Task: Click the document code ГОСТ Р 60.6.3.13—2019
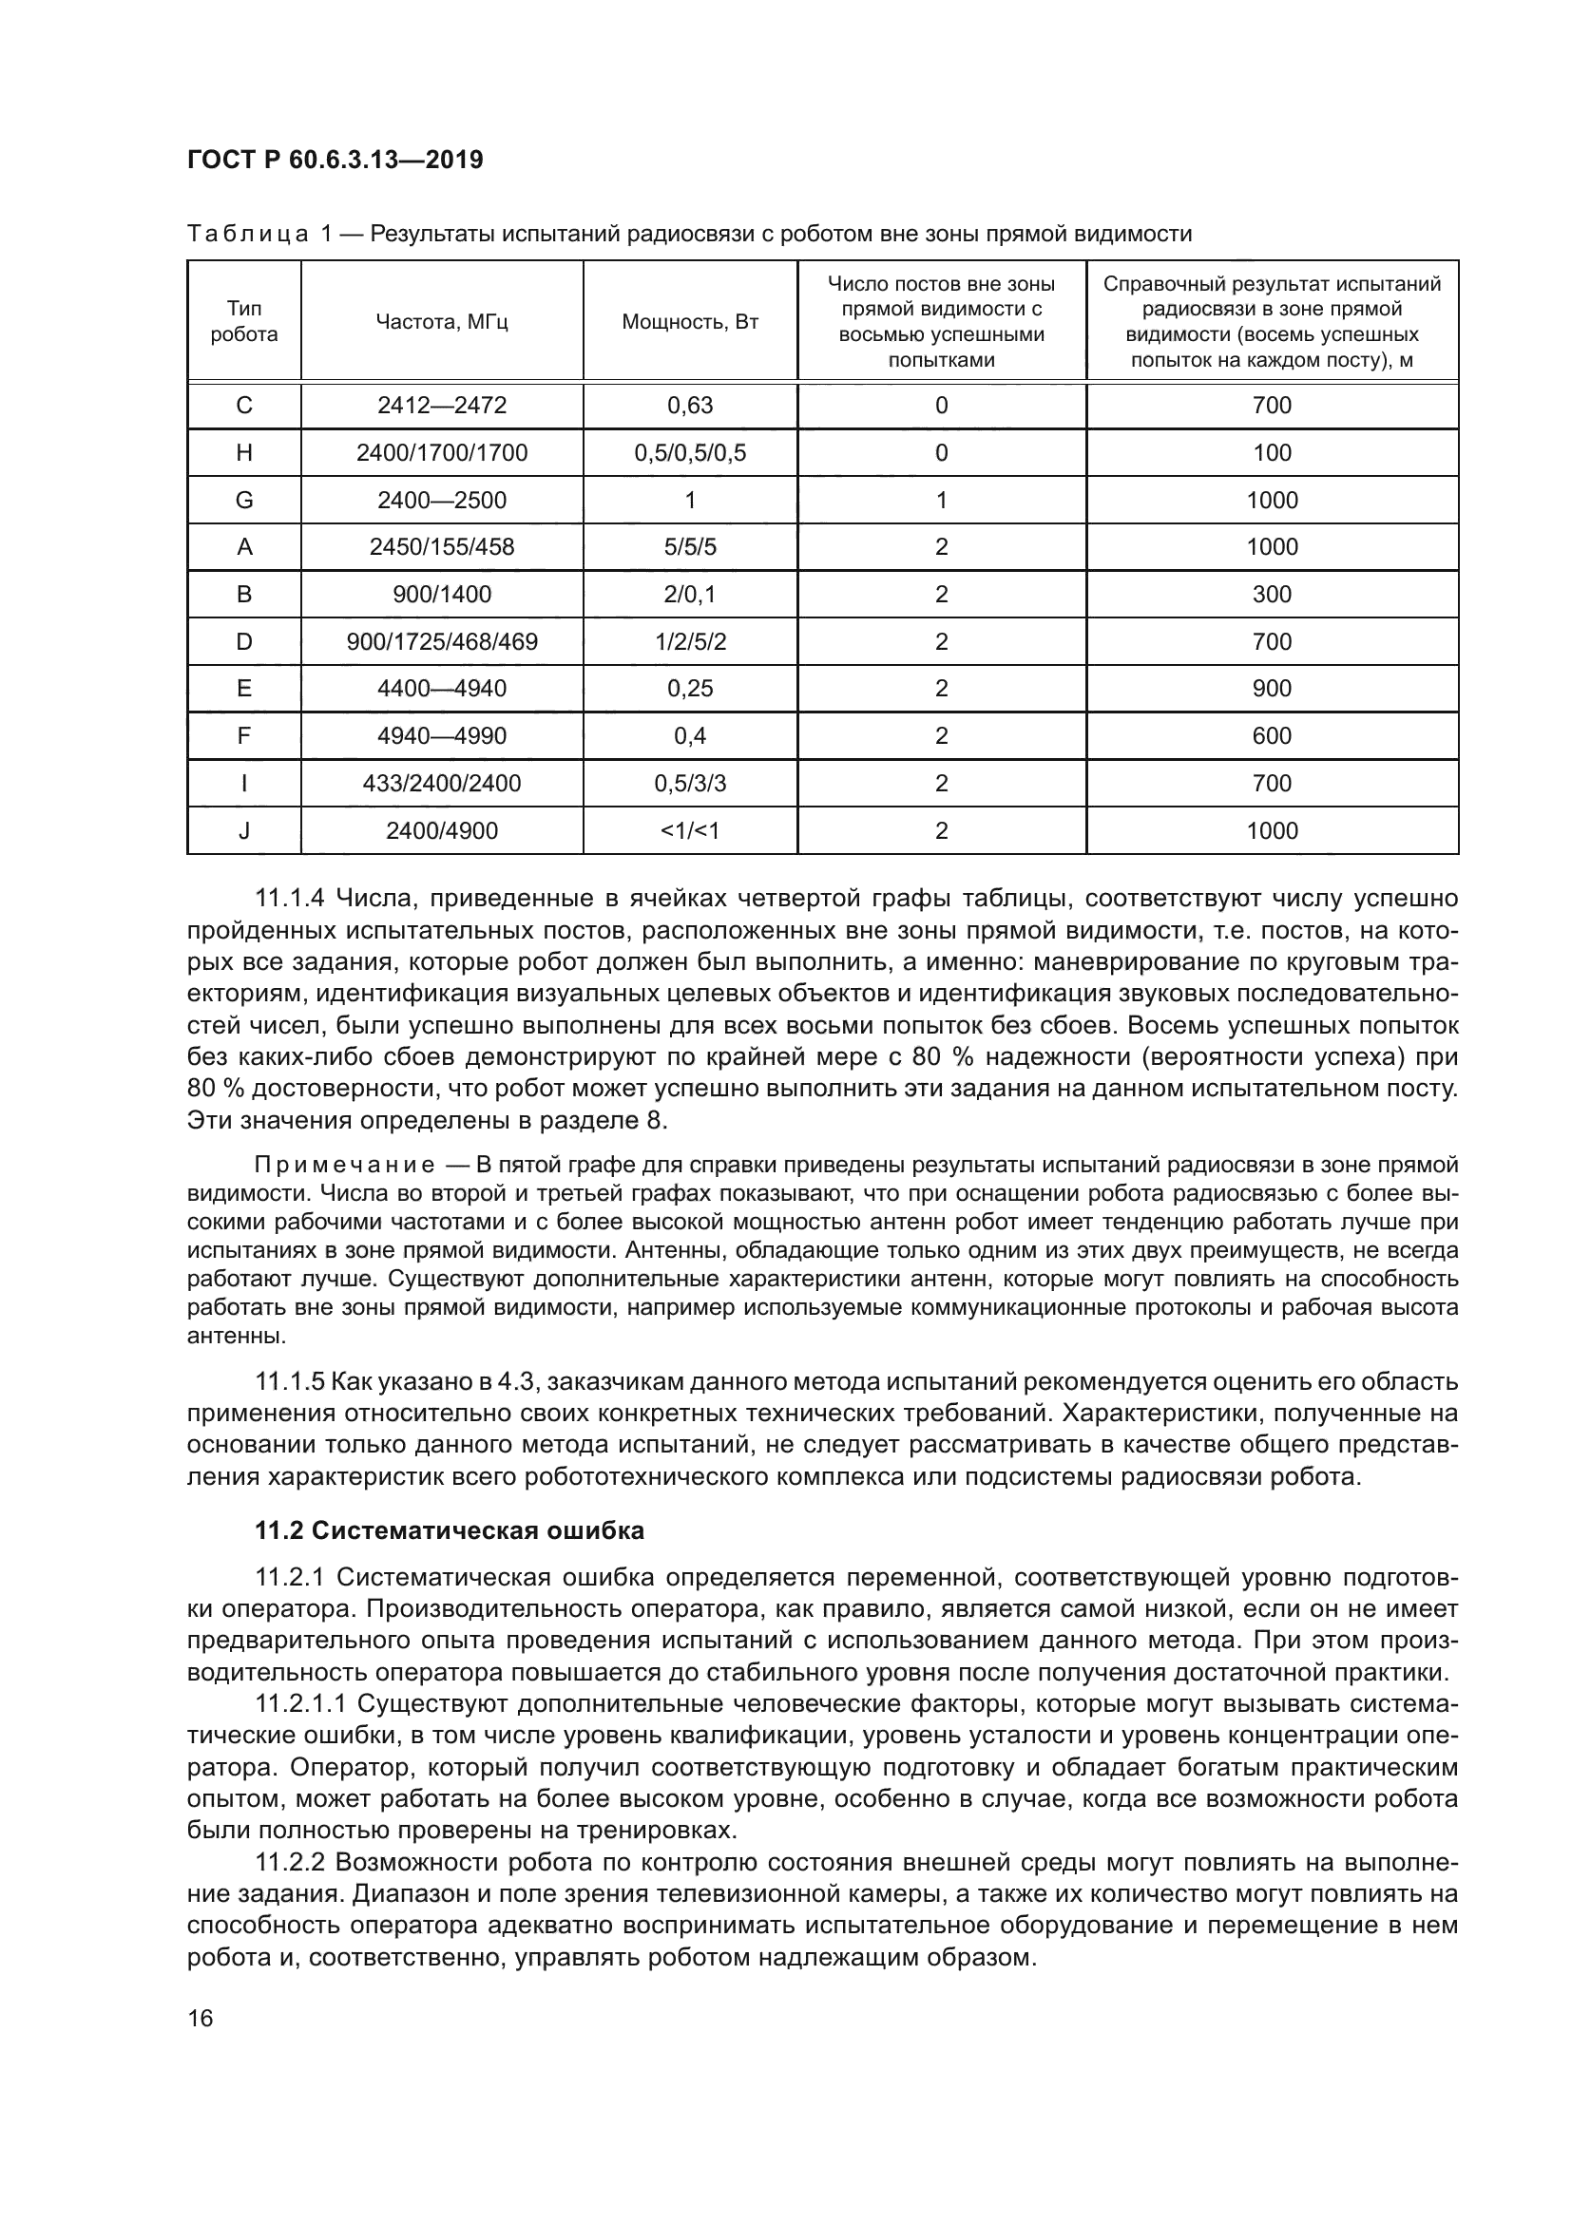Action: [335, 161]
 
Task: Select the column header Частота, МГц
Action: [441, 321]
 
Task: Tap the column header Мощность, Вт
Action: [689, 321]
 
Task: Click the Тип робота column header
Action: [244, 321]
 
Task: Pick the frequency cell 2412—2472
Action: [441, 406]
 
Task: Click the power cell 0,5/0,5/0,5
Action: [689, 453]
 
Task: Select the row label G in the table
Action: [244, 501]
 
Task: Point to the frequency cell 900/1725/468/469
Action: [441, 641]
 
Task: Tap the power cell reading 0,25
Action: [689, 688]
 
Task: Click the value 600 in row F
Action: [1271, 735]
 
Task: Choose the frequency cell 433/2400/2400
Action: [441, 783]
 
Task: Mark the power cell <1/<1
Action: [689, 830]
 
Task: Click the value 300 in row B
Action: [1271, 594]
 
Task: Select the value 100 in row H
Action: [1271, 453]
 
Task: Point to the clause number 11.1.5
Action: [289, 1382]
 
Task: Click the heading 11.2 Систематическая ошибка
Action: [450, 1531]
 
